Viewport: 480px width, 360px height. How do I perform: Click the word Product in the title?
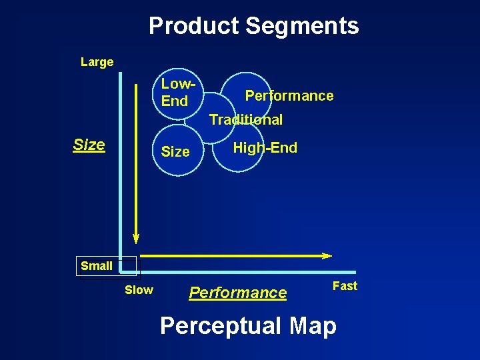coord(194,26)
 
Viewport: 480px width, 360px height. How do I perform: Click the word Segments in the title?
coord(302,26)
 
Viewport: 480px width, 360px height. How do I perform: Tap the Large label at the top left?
coord(97,62)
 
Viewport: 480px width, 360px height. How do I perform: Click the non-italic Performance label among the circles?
coord(289,95)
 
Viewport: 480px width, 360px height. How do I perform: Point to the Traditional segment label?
coord(246,120)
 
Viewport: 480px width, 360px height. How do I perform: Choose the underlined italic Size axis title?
coord(89,145)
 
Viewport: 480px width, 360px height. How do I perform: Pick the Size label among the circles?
coord(175,152)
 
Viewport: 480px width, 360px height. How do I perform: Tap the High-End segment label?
coord(265,148)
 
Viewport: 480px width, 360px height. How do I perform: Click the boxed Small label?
coord(97,265)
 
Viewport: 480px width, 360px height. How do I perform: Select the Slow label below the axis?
coord(139,290)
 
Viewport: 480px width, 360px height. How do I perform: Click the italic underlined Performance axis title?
coord(238,293)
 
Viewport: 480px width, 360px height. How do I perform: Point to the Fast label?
coord(345,286)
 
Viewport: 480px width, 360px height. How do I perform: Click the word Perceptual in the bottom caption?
coord(221,326)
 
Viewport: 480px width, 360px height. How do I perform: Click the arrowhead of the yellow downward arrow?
coord(136,237)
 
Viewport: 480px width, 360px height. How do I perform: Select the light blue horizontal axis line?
coord(247,272)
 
